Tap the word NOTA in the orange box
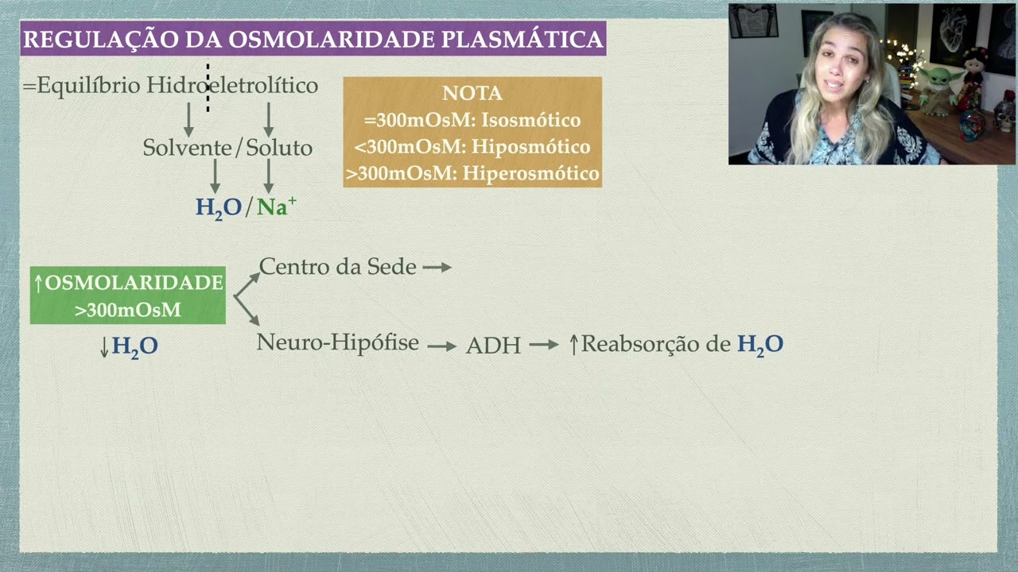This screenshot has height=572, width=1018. tap(472, 94)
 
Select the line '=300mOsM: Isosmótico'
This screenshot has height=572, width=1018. tap(472, 121)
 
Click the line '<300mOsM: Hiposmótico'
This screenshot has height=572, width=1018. tap(472, 147)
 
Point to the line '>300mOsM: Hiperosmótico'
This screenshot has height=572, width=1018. tap(472, 173)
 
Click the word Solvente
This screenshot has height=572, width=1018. tap(188, 148)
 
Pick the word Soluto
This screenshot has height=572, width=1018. tap(279, 148)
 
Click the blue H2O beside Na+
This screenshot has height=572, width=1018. tap(219, 208)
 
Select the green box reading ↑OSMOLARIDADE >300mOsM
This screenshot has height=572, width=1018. tap(128, 296)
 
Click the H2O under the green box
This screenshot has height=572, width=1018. tap(134, 347)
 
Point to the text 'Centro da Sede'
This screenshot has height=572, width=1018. tap(337, 267)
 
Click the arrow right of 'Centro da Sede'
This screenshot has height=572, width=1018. tap(437, 268)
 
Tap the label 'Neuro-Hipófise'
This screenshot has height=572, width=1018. tap(337, 343)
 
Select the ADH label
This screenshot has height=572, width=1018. tap(493, 346)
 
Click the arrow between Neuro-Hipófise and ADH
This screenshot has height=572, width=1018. tap(441, 346)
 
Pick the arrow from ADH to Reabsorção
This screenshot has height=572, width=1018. tap(544, 345)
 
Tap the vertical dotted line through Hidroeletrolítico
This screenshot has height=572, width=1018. tap(208, 88)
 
